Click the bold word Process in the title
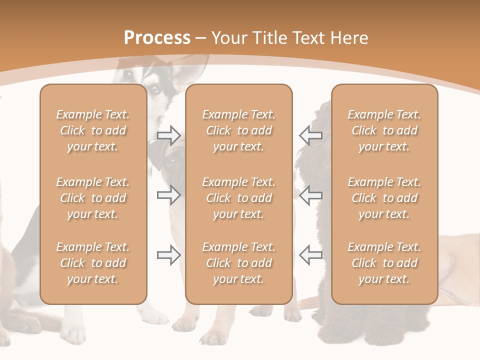[157, 38]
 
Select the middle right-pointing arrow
[168, 195]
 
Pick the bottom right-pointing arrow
[168, 255]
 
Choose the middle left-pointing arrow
[310, 195]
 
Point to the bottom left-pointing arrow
[310, 255]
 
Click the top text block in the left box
[93, 130]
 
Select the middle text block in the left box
[93, 198]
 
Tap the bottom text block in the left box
[93, 263]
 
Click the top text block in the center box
[239, 130]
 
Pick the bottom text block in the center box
[239, 263]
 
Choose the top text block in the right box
[384, 130]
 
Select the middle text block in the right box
[384, 198]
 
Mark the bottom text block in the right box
[384, 263]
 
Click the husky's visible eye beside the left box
[155, 89]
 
